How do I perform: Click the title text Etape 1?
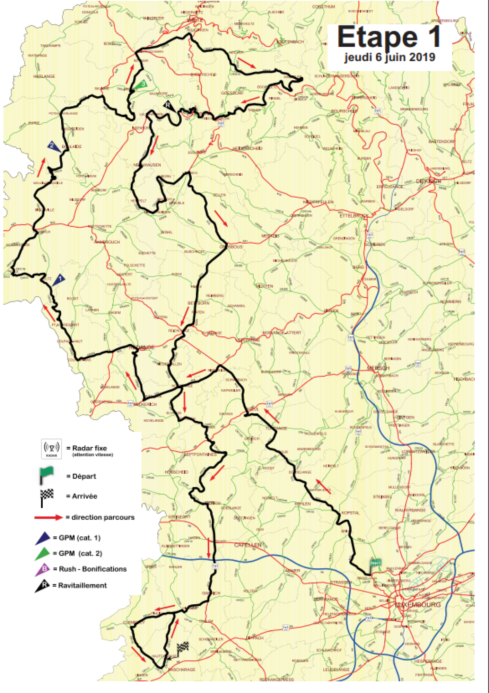389,37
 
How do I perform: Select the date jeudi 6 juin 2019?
390,57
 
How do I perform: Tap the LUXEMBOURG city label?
418,604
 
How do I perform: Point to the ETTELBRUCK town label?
354,215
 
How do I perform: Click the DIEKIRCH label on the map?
429,181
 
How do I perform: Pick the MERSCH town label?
378,368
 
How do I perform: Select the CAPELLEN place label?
248,545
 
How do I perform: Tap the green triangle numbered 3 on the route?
141,84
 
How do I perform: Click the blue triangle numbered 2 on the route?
53,146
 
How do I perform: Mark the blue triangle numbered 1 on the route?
59,280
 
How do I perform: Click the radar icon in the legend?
52,449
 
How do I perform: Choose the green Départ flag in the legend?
46,475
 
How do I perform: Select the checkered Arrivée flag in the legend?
47,497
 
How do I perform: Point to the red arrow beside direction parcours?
49,518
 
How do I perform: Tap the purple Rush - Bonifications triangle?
43,569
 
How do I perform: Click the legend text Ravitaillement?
82,586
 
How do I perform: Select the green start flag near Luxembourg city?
375,563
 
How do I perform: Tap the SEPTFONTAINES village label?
201,455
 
